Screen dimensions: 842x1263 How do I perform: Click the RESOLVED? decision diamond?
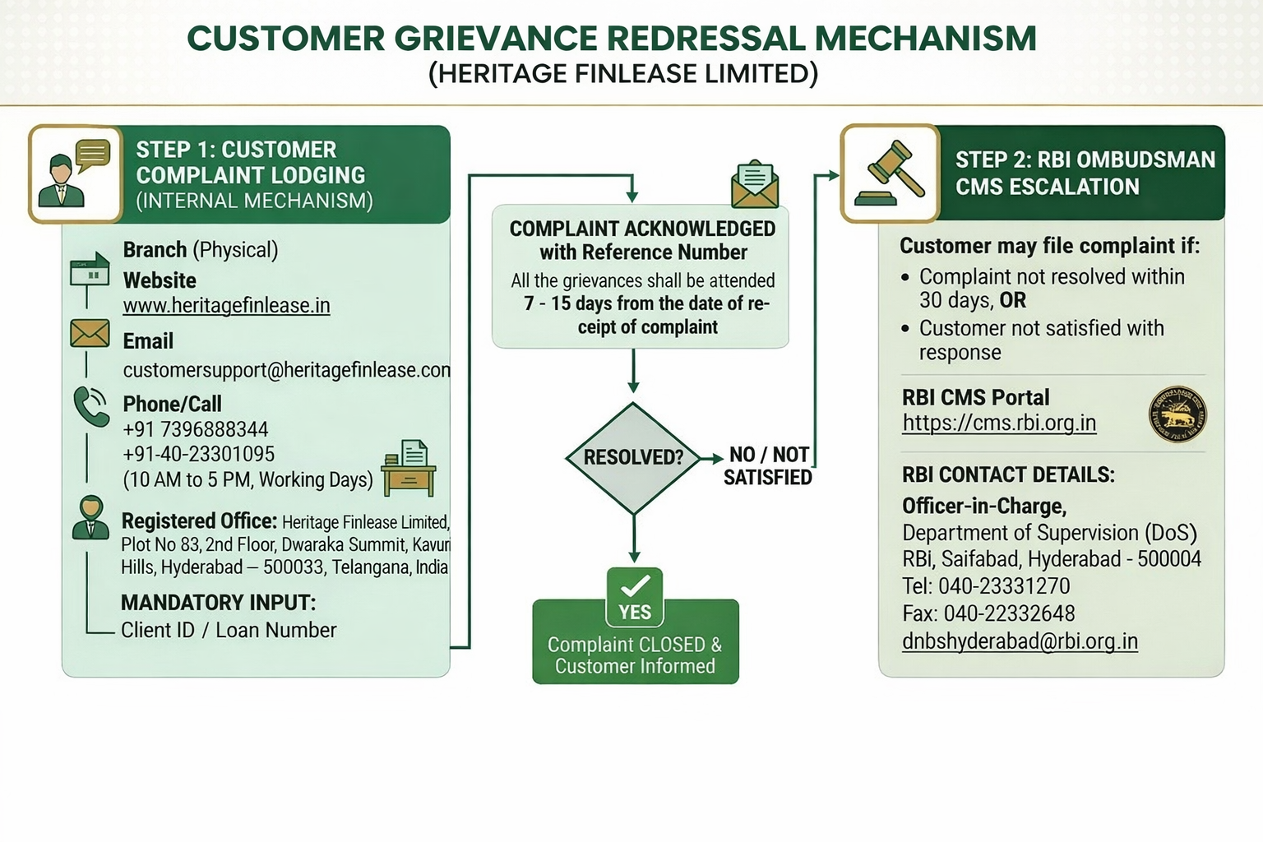click(x=633, y=457)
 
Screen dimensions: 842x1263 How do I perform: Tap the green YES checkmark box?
click(x=635, y=598)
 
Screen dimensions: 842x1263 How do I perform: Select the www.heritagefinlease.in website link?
click(x=226, y=306)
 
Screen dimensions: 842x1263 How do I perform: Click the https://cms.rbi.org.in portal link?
click(x=999, y=423)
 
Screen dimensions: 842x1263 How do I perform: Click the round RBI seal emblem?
click(x=1177, y=414)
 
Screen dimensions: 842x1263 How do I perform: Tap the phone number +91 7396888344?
click(x=196, y=429)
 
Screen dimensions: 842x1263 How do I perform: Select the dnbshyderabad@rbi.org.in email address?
click(x=1020, y=641)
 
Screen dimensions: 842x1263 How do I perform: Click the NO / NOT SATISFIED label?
click(x=768, y=465)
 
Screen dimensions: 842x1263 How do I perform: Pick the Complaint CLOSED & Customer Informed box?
click(x=635, y=655)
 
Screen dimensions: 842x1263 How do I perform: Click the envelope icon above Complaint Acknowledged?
click(x=755, y=185)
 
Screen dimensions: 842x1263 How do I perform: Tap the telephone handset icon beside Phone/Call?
click(x=90, y=406)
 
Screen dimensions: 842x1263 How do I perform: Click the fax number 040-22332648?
click(x=1009, y=613)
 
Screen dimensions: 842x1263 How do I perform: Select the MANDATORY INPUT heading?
click(x=218, y=603)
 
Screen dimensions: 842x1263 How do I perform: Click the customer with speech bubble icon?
click(x=76, y=173)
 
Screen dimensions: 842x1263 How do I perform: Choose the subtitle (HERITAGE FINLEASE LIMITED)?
click(x=623, y=74)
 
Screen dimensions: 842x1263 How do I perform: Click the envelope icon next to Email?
click(x=90, y=333)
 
